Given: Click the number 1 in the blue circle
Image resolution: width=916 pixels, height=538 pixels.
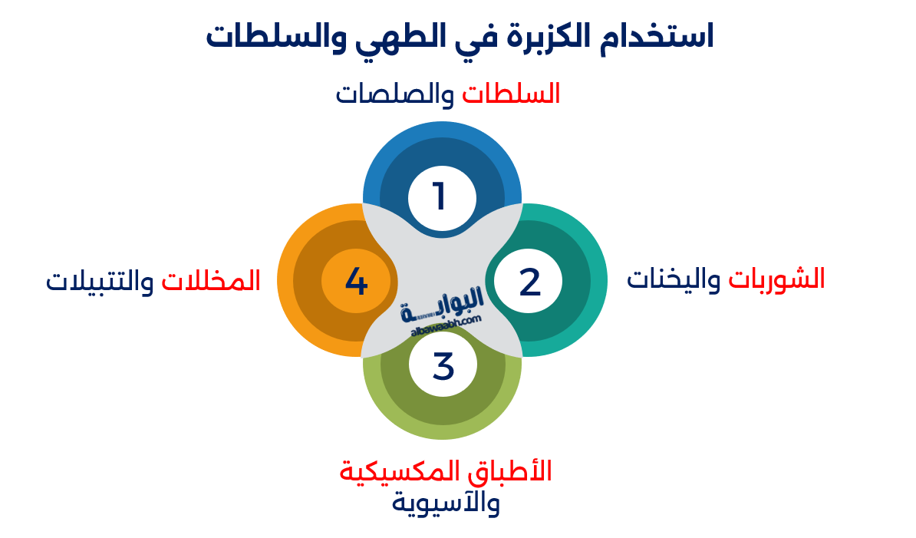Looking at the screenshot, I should point(439,196).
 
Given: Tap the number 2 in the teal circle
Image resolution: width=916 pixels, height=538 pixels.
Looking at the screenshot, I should point(529,282).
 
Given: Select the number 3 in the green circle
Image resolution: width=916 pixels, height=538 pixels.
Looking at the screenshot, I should point(443,365).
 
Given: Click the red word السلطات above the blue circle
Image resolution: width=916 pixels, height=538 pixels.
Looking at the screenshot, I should point(511,94).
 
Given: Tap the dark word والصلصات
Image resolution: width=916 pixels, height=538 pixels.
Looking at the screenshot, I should point(395,94).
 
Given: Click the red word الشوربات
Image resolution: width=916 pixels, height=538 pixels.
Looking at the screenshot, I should point(776,278).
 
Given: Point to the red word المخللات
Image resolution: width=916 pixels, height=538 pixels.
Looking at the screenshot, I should point(212,280).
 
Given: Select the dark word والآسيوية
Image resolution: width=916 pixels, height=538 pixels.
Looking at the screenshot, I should point(446,503).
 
